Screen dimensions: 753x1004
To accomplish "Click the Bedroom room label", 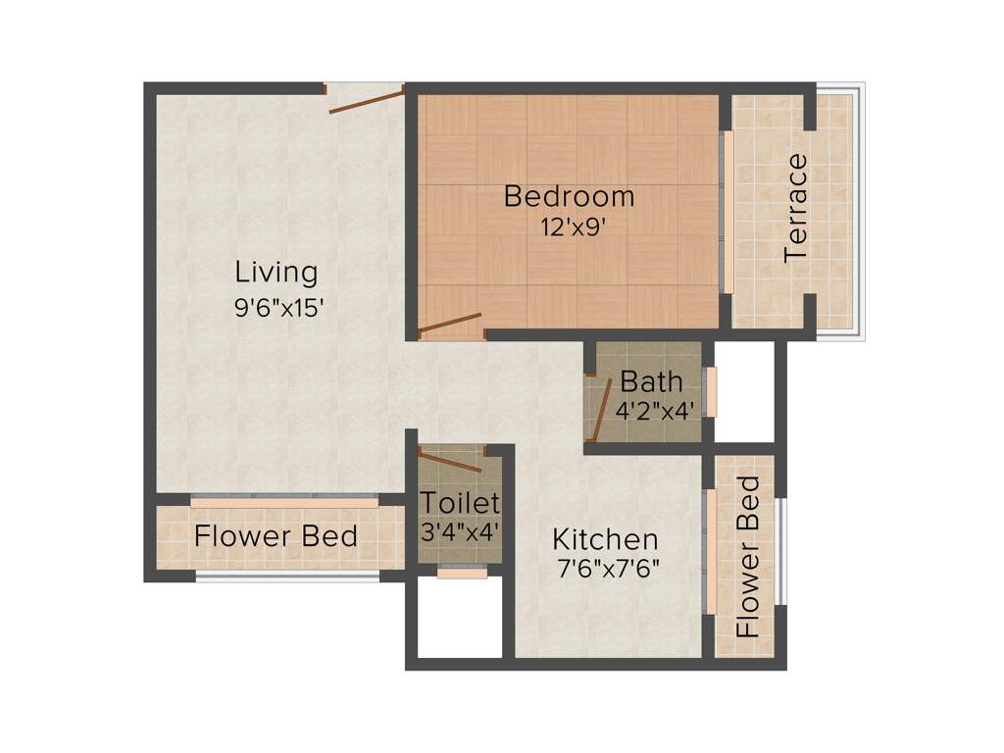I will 569,196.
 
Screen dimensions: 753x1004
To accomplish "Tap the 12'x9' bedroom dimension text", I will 569,226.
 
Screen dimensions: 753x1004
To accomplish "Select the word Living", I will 276,272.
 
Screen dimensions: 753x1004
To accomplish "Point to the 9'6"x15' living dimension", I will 278,306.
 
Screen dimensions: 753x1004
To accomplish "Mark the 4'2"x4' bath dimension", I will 656,410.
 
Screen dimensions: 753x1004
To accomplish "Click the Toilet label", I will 461,503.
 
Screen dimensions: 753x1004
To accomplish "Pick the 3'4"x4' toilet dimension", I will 461,532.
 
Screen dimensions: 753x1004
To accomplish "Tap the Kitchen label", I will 605,539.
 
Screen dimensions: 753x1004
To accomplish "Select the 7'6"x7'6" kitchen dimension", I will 606,568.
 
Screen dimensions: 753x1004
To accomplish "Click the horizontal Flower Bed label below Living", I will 276,536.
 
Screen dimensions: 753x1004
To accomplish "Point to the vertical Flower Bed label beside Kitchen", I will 748,556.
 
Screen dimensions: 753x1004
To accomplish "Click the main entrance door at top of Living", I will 366,100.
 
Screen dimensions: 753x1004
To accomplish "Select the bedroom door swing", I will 450,325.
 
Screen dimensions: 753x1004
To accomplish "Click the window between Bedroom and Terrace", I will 728,211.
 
